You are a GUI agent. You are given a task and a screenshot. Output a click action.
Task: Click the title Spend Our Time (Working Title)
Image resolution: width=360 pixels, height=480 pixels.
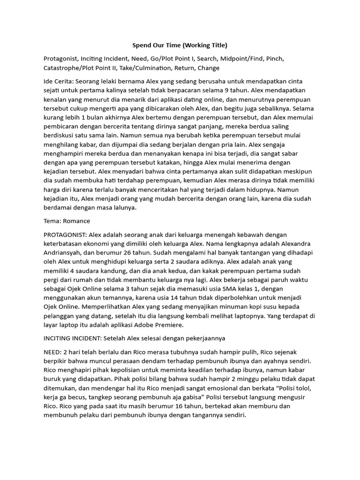[180, 45]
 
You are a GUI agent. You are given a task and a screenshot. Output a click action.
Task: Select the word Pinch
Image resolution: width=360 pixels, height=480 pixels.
[275, 59]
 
